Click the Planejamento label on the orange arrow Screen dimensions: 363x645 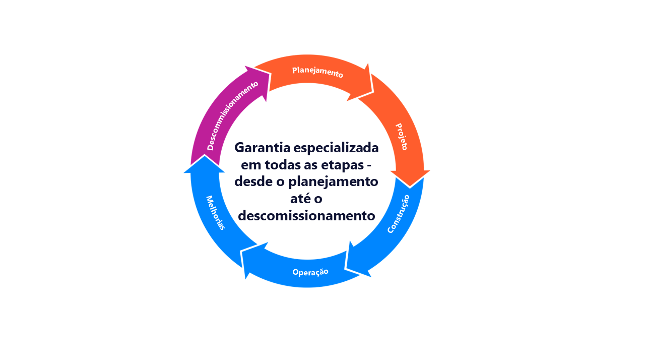point(317,72)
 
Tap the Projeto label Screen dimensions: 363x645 point(401,137)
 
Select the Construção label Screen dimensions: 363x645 point(398,214)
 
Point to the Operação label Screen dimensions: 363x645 point(310,272)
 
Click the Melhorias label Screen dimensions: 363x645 point(215,213)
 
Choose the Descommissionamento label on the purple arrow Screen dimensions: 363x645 point(233,115)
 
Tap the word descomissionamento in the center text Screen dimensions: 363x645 point(306,216)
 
